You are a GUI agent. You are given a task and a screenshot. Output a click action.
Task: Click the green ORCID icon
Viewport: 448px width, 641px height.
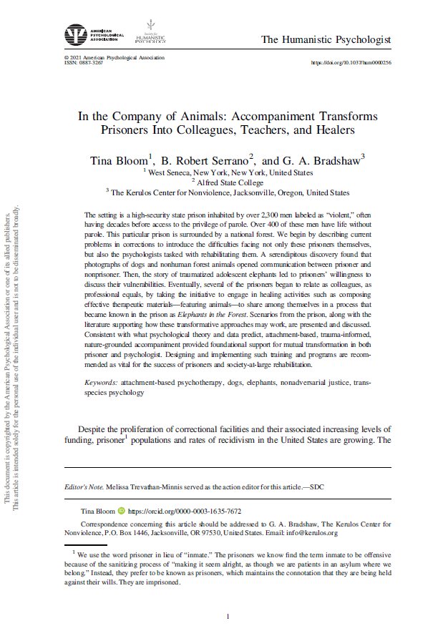(x=120, y=512)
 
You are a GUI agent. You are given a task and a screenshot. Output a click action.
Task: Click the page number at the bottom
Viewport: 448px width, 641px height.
(x=228, y=617)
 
